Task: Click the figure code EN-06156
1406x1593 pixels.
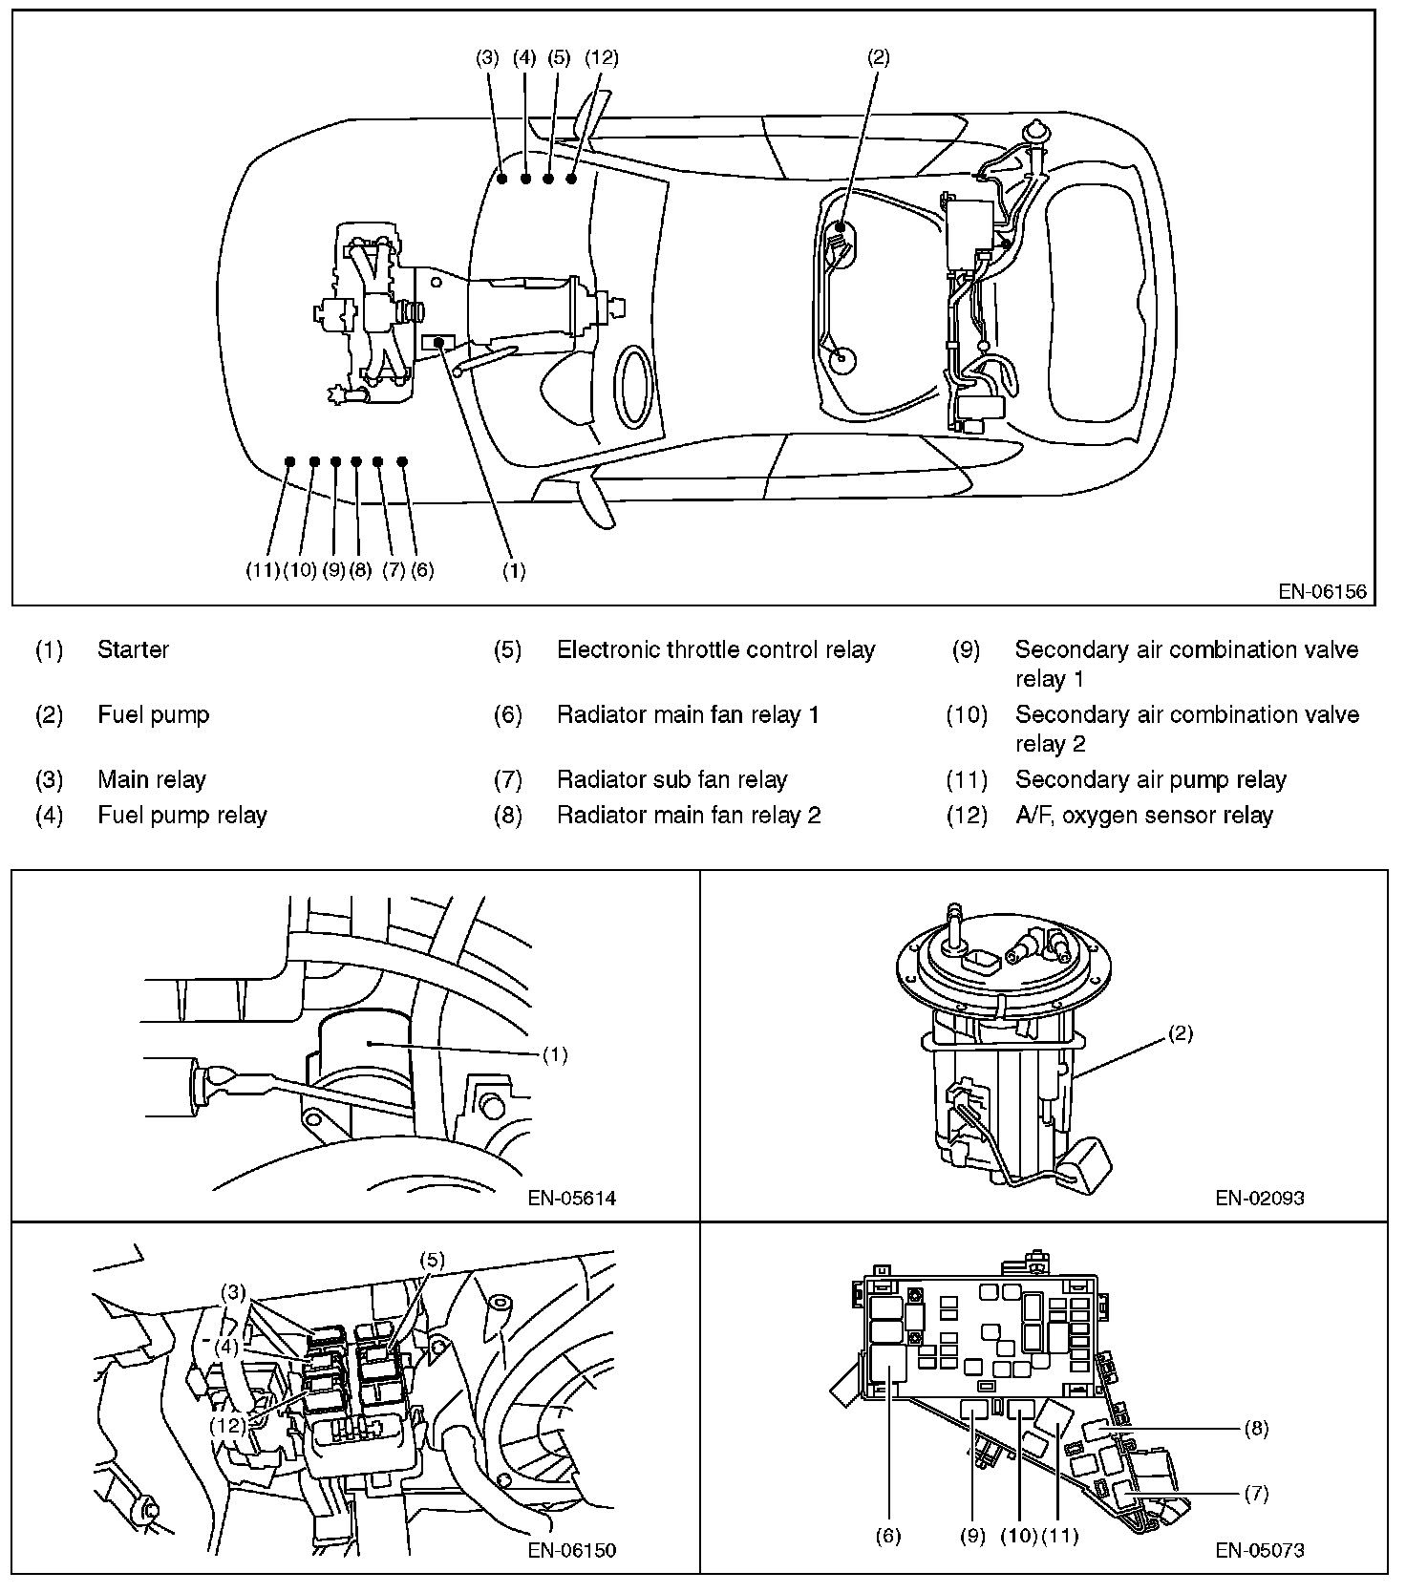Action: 1322,592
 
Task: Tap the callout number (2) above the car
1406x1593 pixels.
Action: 878,57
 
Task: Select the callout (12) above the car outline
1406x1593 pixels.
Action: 602,57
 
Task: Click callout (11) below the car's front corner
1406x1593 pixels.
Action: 262,571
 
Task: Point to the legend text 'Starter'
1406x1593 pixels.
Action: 133,650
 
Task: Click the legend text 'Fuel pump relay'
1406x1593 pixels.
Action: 182,816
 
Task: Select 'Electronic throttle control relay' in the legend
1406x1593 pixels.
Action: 715,650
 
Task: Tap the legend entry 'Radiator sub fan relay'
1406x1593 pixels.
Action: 671,780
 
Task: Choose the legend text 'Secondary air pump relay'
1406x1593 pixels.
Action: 1150,780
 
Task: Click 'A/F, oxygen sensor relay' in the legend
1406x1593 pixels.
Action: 1143,816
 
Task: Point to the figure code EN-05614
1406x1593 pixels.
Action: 572,1198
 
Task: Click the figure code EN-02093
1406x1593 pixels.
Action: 1260,1198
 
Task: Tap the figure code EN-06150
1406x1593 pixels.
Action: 572,1550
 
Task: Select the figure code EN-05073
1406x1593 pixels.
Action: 1260,1550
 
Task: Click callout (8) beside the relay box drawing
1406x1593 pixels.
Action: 1257,1429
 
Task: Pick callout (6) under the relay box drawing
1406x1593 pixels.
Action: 888,1536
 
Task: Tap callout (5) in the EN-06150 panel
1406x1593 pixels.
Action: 431,1260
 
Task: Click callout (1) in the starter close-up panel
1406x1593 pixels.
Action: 555,1054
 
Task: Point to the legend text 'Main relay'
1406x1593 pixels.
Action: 152,780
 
